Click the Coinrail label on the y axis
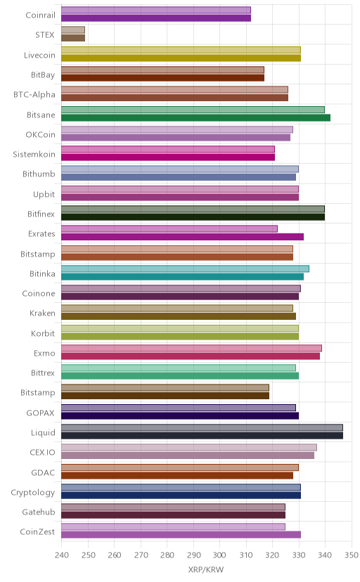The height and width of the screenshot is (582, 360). click(41, 15)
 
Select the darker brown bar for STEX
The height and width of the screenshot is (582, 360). click(73, 38)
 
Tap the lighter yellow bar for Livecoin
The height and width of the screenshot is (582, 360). click(181, 50)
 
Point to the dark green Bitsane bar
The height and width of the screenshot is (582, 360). click(195, 117)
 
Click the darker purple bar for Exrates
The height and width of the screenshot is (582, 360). click(182, 237)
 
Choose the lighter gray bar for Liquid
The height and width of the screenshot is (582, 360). click(202, 427)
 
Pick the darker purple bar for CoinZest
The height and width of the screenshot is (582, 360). click(181, 535)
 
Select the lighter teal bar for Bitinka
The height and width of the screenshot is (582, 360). click(185, 269)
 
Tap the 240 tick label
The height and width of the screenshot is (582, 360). click(61, 555)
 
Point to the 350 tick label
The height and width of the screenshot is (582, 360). click(351, 555)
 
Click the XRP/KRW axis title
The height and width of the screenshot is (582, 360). click(206, 570)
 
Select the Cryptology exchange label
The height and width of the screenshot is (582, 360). click(32, 493)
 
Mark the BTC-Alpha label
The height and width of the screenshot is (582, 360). click(34, 94)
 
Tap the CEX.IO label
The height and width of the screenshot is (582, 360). click(42, 453)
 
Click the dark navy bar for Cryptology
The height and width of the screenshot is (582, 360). click(181, 495)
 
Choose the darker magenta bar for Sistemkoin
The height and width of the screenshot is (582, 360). click(168, 157)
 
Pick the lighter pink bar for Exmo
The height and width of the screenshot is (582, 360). click(191, 348)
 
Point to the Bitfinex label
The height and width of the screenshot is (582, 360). click(41, 214)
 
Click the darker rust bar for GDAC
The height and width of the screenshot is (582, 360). click(177, 475)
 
